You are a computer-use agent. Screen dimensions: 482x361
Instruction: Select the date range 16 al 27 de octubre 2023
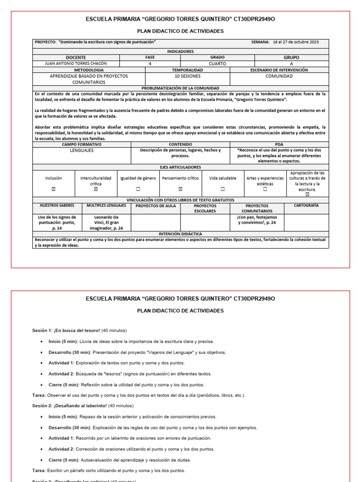click(295, 42)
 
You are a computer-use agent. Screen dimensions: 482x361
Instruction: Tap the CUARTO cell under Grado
click(217, 63)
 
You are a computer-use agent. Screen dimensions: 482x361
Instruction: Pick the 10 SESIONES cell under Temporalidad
click(187, 75)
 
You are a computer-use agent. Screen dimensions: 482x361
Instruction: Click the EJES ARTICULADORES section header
click(180, 167)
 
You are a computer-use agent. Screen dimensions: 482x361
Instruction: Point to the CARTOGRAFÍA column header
click(306, 206)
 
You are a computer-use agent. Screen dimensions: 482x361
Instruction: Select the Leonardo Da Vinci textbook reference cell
click(106, 223)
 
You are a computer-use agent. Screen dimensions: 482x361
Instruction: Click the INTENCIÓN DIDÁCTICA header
click(180, 233)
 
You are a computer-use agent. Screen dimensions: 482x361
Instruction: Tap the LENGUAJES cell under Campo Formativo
click(82, 150)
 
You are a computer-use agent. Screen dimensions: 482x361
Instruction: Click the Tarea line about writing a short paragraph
click(109, 470)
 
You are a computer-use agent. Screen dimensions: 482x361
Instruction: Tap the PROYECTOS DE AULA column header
click(155, 206)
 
